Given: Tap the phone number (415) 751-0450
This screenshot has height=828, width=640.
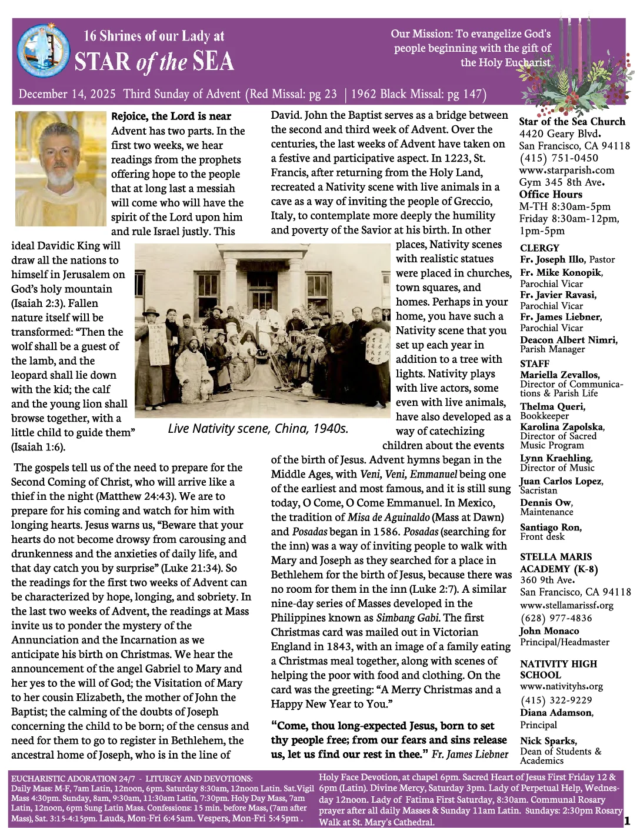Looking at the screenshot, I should tap(558, 158).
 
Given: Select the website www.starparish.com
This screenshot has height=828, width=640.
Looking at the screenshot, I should tap(566, 170).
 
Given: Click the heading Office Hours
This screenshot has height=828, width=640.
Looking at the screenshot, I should tap(551, 195).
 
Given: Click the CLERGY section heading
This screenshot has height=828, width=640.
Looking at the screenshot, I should tap(539, 248).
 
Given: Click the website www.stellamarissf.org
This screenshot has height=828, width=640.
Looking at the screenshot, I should tap(566, 605).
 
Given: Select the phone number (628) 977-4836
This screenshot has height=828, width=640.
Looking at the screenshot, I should tap(556, 617).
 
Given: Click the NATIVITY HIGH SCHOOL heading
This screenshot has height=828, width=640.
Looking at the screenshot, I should tap(558, 669).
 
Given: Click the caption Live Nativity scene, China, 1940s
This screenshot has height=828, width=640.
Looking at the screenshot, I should tap(258, 429).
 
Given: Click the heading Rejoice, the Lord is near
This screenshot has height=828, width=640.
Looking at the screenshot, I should tap(171, 116).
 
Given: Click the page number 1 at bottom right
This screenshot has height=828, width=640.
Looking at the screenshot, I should tap(626, 819).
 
